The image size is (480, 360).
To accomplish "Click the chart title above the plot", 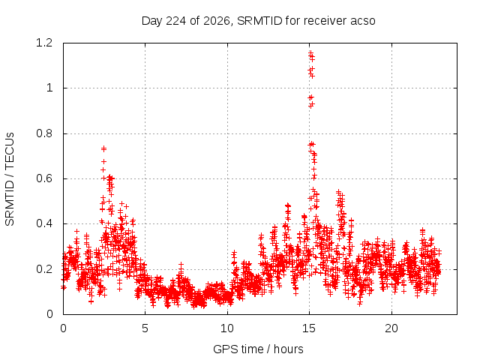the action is point(258,21).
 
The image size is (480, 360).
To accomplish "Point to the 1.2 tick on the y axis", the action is point(44,43).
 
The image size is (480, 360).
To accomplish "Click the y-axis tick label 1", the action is point(49,88).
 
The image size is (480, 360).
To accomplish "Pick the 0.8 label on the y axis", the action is point(44,133).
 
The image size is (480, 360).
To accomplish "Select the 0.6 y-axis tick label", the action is point(44,178).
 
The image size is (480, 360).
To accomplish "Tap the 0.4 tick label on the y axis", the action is point(44,223).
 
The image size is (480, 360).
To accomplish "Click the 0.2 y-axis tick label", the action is point(44,269).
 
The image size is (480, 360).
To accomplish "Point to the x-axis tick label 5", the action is point(145,328).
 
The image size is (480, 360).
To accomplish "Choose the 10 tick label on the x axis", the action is point(227,328).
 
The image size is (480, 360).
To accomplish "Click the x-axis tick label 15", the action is point(309,328).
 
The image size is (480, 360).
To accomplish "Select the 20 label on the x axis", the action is point(391,328).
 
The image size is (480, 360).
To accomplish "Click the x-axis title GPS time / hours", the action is point(258,349).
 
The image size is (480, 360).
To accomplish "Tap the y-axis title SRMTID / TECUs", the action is point(10,179).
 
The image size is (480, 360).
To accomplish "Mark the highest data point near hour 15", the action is point(310,53).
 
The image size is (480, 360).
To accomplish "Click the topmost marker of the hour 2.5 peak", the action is point(103,148).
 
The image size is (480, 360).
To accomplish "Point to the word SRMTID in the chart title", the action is point(259,21).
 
